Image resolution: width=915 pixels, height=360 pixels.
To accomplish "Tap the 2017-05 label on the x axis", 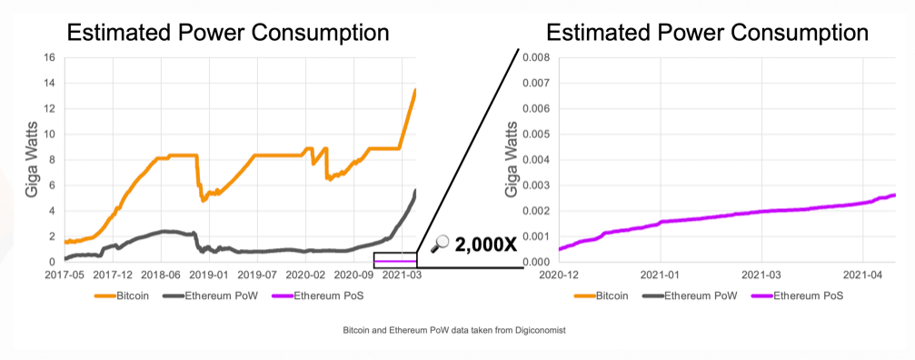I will click(65, 274).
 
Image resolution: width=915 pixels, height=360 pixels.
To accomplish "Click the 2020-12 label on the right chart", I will click(559, 274).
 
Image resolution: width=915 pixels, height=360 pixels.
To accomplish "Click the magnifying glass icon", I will click(440, 243).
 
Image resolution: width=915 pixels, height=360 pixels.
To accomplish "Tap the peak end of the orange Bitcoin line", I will click(415, 89).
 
